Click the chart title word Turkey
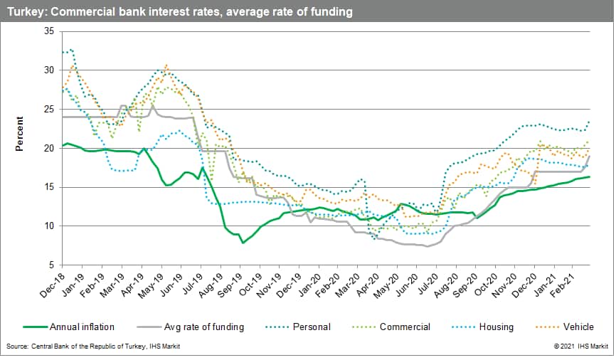pyautogui.click(x=23, y=12)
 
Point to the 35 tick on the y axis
pyautogui.click(x=49, y=31)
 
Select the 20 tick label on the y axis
pyautogui.click(x=49, y=148)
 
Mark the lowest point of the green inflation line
pyautogui.click(x=243, y=243)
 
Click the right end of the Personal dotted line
pyautogui.click(x=590, y=122)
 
